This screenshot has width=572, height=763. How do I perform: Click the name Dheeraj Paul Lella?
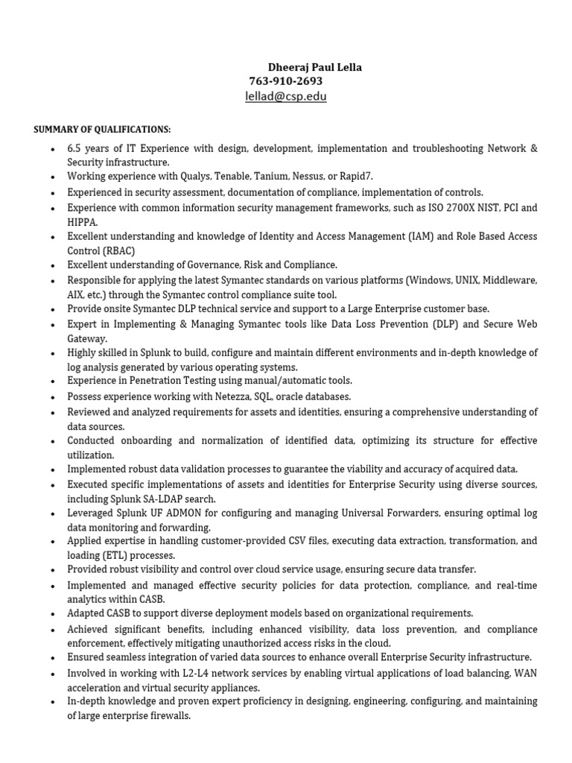pos(315,67)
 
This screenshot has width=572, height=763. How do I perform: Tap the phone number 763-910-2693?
pos(286,81)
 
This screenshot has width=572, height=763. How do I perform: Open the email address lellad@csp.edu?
pos(286,96)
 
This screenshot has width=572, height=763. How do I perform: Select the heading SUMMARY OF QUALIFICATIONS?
pos(102,130)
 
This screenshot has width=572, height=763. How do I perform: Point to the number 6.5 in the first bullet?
pos(74,148)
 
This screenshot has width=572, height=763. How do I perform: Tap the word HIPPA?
pos(81,221)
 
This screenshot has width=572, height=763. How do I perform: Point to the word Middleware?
pos(510,280)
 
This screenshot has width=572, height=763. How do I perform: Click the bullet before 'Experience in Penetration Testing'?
pos(52,381)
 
